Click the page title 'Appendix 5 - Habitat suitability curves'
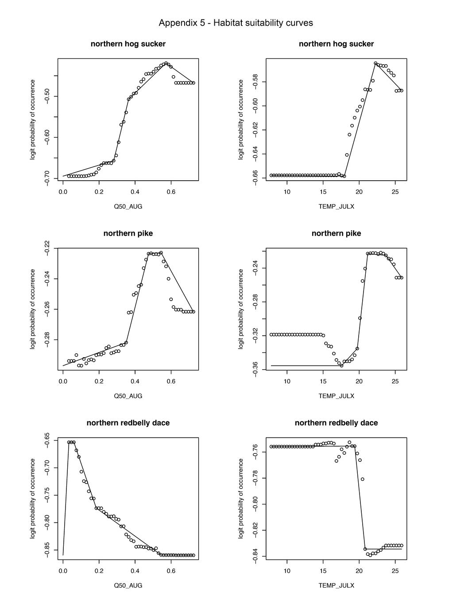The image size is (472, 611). [x=236, y=23]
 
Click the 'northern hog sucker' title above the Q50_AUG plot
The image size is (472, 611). [x=128, y=44]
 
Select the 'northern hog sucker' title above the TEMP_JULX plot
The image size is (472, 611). [x=336, y=44]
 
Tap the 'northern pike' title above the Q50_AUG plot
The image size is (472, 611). [x=128, y=233]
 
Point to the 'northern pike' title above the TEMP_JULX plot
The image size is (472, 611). [x=336, y=233]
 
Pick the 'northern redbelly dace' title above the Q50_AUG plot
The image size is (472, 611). [x=128, y=423]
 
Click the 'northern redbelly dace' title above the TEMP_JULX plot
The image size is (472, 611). [x=336, y=423]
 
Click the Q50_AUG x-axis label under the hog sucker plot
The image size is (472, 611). [x=128, y=206]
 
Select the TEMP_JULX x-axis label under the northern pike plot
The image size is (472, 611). [x=336, y=396]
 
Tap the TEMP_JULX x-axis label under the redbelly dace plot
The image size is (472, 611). [x=336, y=585]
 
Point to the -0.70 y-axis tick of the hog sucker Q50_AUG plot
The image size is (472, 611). [x=47, y=178]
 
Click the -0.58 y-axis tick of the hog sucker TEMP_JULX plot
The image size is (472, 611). [x=255, y=82]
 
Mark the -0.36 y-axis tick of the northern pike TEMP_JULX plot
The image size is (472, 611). [x=255, y=369]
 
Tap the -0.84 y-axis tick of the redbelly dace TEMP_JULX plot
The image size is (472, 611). [x=255, y=557]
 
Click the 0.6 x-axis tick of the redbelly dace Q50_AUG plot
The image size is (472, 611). [x=171, y=571]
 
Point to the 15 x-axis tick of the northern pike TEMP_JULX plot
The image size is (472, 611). [x=323, y=381]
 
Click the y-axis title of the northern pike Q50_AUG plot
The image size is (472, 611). [x=33, y=309]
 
